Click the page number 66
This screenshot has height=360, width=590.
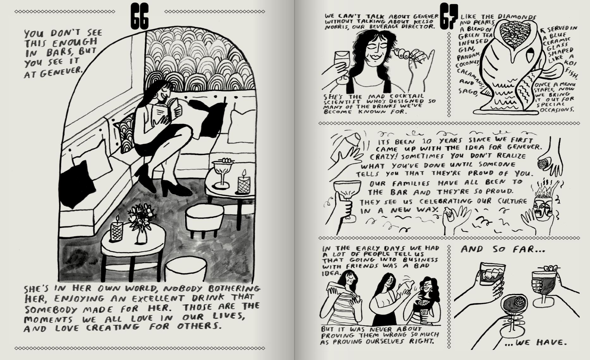139,16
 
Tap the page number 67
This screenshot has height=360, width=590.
449,16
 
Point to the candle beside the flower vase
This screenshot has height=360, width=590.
117,229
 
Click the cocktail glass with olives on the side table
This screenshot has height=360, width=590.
222,173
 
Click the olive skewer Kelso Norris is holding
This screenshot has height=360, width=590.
402,53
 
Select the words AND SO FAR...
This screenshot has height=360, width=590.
503,250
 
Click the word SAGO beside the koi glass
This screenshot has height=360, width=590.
468,91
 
